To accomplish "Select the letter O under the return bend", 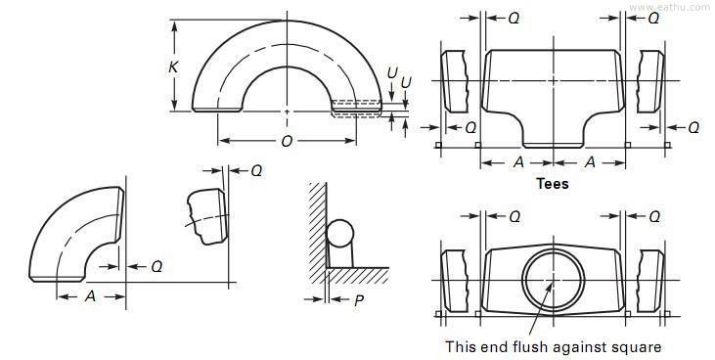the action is (x=286, y=142).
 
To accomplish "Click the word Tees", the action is (x=553, y=183).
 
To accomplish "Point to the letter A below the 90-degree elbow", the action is (x=90, y=295).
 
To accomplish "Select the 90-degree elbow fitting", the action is (x=68, y=235).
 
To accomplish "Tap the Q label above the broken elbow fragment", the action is (x=256, y=170).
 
